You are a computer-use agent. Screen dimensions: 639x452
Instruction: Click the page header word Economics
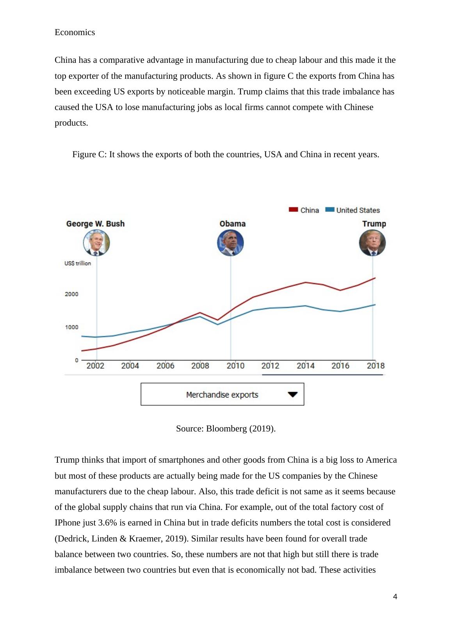click(75, 32)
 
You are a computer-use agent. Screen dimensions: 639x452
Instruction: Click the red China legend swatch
click(293, 210)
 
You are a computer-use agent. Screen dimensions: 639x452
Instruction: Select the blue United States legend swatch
click(329, 210)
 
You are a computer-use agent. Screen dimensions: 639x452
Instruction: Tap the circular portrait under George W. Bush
click(96, 243)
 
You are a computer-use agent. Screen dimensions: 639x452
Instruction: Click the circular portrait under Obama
click(230, 243)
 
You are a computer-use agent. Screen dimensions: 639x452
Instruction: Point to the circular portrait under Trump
click(372, 243)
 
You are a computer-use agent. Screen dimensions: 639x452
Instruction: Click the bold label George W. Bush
click(95, 224)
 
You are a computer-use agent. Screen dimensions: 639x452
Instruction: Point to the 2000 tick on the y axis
click(71, 294)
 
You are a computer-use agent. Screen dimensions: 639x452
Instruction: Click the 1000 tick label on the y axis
click(71, 327)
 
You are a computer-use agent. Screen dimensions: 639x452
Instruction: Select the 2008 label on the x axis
click(200, 366)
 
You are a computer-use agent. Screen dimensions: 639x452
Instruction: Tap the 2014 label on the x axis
click(305, 366)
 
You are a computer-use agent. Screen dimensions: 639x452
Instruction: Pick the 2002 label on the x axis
click(95, 366)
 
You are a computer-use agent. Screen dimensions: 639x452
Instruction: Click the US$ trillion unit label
click(78, 263)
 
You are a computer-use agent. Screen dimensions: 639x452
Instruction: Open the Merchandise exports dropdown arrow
click(292, 394)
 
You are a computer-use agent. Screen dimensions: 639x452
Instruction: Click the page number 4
click(395, 597)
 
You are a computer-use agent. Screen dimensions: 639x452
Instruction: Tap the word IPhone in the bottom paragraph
click(67, 523)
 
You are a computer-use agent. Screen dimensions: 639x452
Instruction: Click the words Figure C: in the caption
click(89, 154)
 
